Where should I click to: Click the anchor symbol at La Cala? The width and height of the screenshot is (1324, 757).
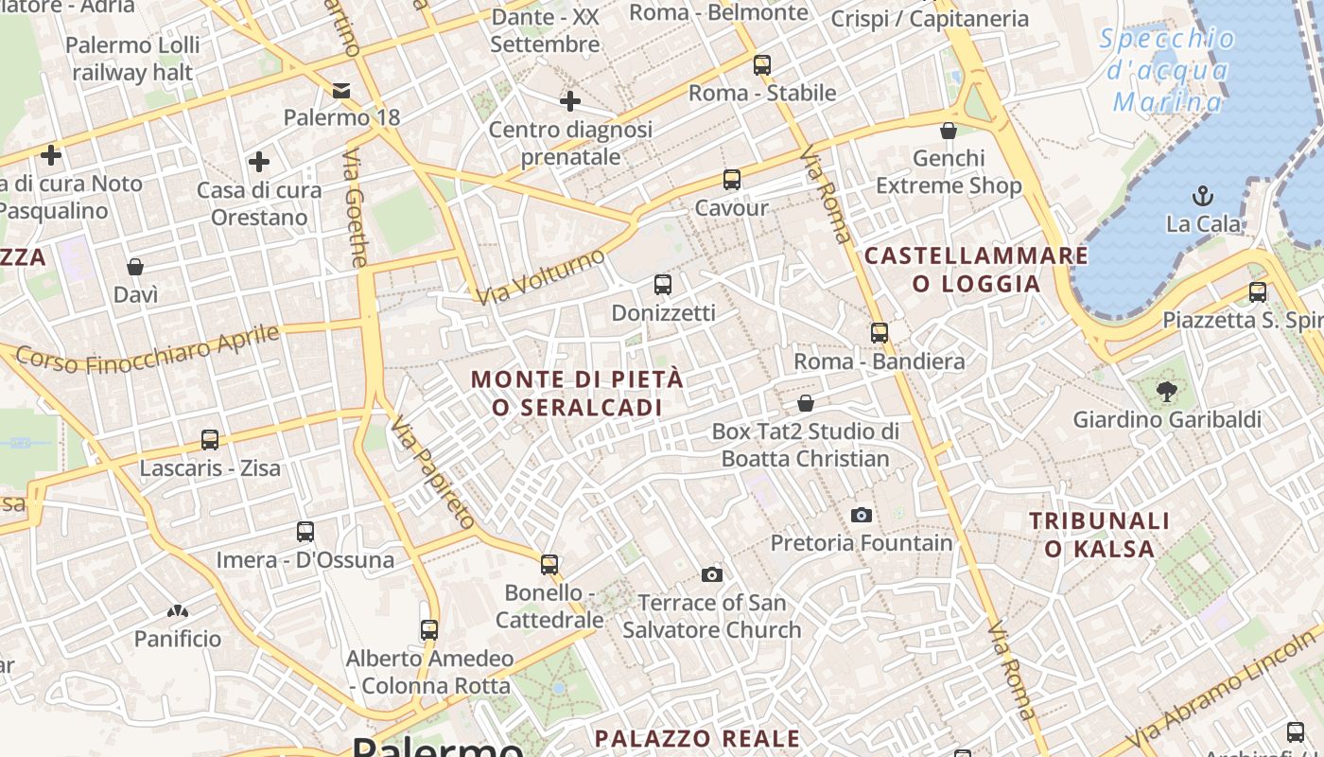click(x=1203, y=196)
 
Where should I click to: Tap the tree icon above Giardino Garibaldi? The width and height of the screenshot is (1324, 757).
click(x=1167, y=390)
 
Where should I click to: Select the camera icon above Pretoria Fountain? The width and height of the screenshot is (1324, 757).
click(x=861, y=515)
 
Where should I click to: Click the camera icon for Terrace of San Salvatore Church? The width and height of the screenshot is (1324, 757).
click(x=712, y=574)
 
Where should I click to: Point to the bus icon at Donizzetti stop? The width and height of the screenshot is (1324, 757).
click(x=663, y=284)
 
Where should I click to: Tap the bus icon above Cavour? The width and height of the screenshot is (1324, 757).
click(x=731, y=180)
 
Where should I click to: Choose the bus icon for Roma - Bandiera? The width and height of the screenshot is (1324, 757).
click(x=880, y=333)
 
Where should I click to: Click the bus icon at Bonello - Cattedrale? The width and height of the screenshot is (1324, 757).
click(x=549, y=565)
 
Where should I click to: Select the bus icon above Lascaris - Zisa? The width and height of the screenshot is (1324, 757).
click(x=210, y=440)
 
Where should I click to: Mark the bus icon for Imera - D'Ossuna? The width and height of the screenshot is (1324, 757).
click(x=305, y=532)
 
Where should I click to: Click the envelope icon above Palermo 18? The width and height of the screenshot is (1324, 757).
click(x=341, y=91)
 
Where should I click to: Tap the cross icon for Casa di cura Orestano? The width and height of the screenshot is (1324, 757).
click(x=258, y=162)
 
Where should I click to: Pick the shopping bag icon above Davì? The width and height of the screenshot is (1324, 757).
click(x=135, y=267)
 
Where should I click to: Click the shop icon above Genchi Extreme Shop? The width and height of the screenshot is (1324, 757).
click(x=949, y=131)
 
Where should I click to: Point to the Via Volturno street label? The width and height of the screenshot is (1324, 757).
click(x=540, y=277)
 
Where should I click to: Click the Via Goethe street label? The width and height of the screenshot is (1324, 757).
click(x=357, y=207)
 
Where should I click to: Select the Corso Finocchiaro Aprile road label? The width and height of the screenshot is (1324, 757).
click(x=148, y=349)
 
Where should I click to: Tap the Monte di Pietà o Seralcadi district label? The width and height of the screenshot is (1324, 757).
click(x=577, y=393)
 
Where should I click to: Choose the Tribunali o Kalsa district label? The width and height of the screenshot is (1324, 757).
click(x=1100, y=534)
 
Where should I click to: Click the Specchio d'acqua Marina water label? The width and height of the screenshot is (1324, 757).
click(x=1168, y=70)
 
